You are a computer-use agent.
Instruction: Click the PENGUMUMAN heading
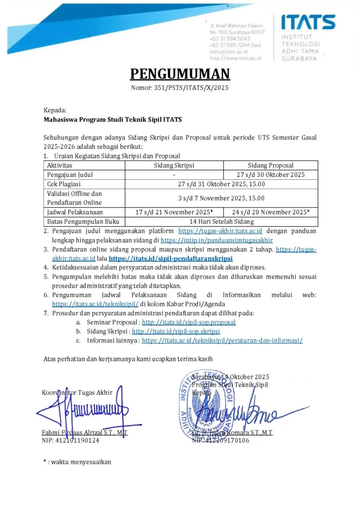[x=180, y=74]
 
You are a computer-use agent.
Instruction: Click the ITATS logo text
[x=308, y=22]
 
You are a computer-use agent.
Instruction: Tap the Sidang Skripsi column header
[x=174, y=165]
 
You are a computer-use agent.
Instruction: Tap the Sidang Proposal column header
[x=270, y=165]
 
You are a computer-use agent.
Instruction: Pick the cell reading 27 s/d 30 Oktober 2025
[x=270, y=175]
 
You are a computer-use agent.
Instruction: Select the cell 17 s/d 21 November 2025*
[x=174, y=212]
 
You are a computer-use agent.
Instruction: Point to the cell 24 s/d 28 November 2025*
[x=270, y=212]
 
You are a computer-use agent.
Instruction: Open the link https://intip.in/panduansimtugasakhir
[x=217, y=240]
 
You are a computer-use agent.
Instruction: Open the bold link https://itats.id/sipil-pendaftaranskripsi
[x=171, y=258]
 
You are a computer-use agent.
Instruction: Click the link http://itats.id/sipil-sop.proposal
[x=188, y=322]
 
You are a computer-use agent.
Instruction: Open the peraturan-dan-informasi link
[x=222, y=340]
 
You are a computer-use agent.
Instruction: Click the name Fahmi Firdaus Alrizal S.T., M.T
[x=84, y=433]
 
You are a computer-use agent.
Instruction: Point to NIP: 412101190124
[x=70, y=440]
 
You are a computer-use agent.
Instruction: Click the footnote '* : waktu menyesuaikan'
[x=77, y=462]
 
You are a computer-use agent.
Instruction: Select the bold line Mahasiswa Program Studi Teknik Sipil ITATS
[x=112, y=119]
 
